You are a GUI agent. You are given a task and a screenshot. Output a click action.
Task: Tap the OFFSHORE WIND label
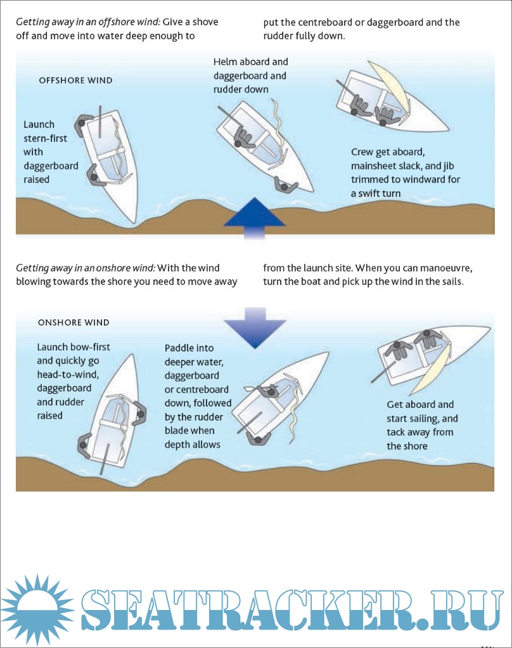(75, 80)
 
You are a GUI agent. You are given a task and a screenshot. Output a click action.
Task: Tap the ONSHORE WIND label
(74, 322)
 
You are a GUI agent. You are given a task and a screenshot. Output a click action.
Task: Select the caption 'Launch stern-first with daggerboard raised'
(51, 152)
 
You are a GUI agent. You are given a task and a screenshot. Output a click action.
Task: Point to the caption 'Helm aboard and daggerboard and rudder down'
(250, 76)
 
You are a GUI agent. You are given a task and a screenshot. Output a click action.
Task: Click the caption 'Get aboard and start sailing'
(422, 425)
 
